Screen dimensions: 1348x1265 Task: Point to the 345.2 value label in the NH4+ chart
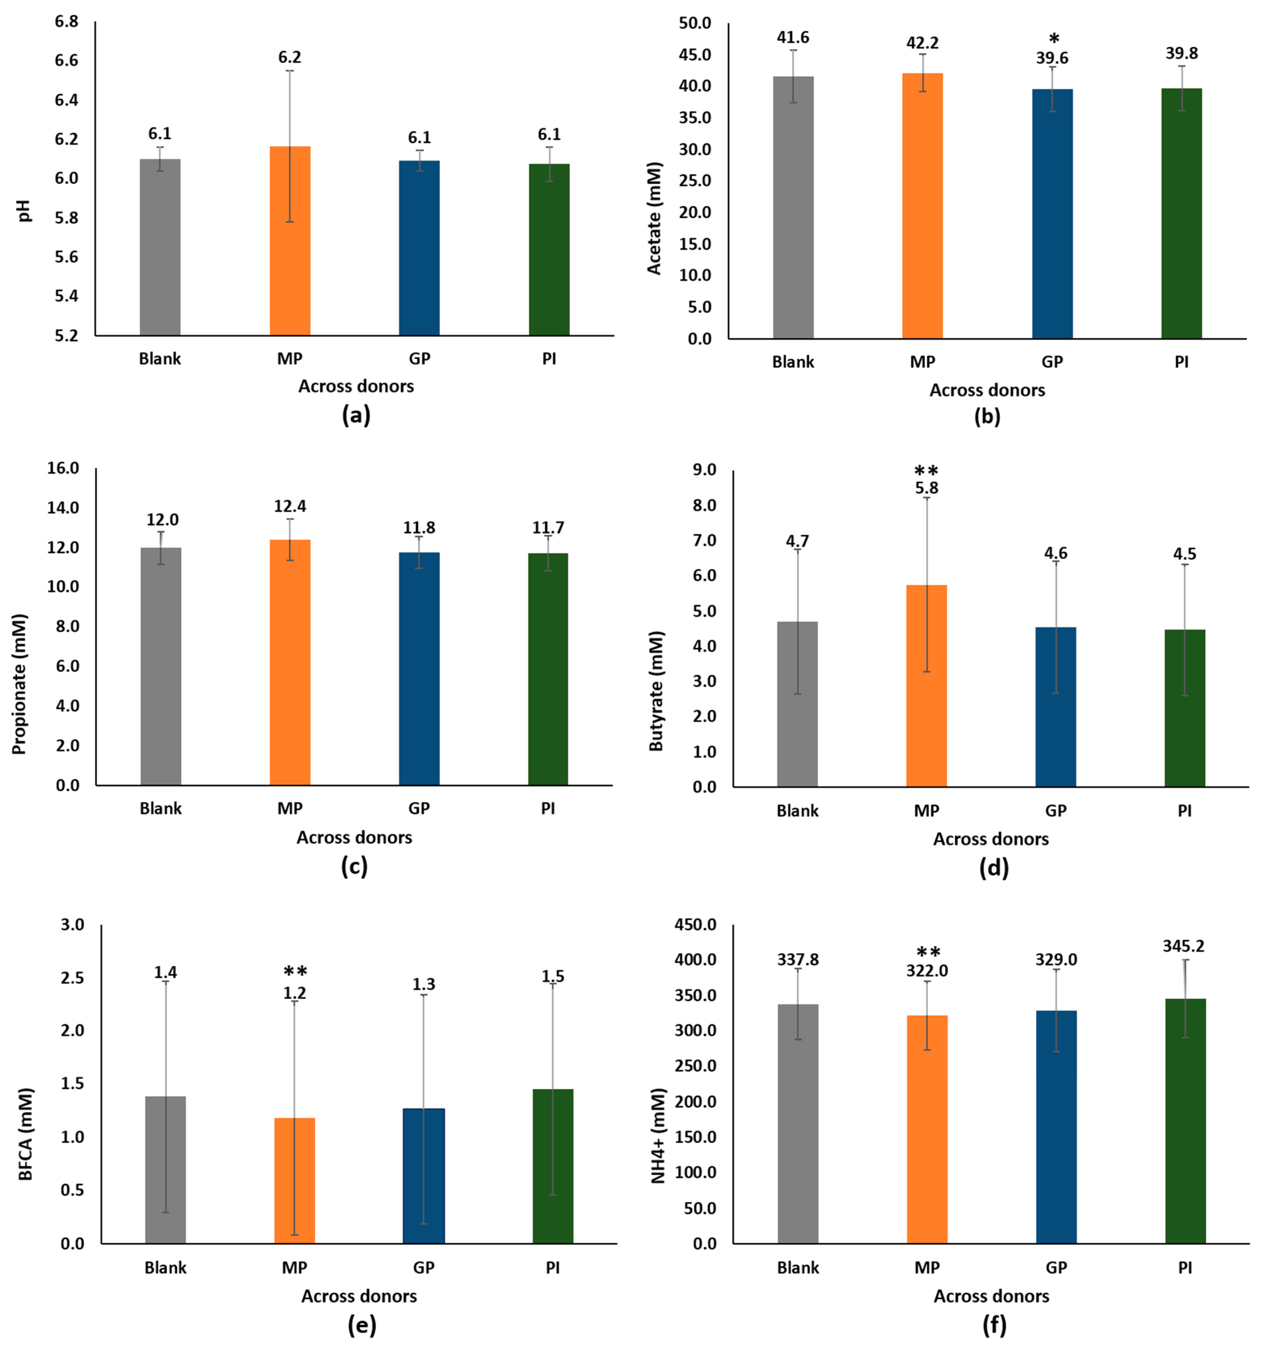[x=1184, y=946]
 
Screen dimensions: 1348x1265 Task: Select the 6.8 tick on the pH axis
[x=67, y=22]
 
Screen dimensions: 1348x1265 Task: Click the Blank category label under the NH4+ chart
[x=797, y=1267]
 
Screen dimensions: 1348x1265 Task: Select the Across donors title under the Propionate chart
[x=354, y=838]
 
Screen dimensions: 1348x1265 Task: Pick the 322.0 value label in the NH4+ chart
[x=927, y=971]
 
